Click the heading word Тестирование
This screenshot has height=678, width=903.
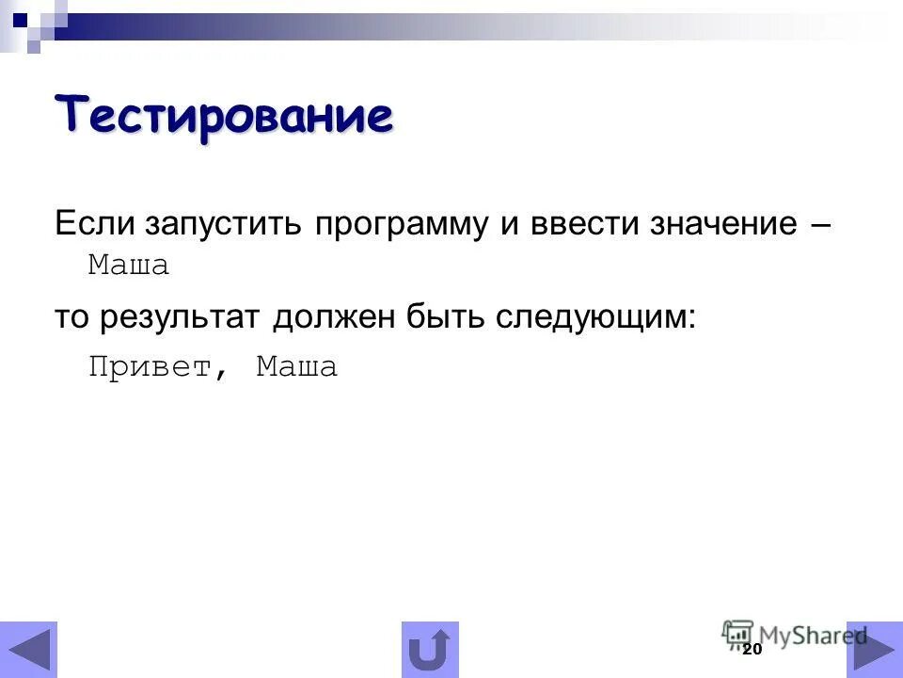click(224, 116)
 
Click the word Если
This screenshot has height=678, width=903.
click(93, 225)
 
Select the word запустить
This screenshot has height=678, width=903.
click(224, 227)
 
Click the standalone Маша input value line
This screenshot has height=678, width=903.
click(129, 266)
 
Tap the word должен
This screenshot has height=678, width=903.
click(334, 318)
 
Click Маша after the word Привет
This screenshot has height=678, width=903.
click(297, 367)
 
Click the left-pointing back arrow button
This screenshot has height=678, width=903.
click(28, 650)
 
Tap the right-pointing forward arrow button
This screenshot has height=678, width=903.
click(874, 650)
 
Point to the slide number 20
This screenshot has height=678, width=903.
click(751, 650)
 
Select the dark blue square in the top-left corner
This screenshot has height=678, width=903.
click(20, 18)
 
